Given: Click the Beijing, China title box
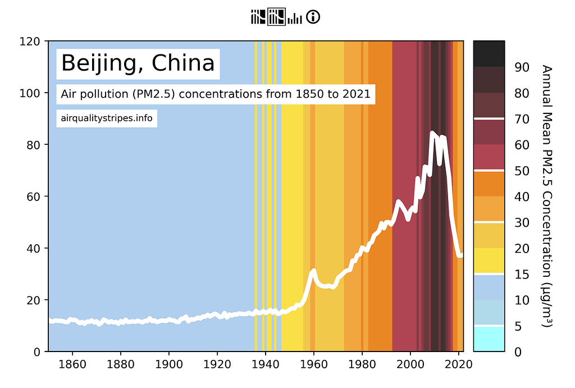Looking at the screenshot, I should click(x=138, y=63).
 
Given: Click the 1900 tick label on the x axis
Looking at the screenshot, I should click(x=169, y=363).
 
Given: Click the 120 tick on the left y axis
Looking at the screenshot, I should click(x=32, y=41).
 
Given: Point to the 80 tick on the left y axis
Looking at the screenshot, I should click(x=35, y=145).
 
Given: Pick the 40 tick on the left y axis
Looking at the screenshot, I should click(x=35, y=248).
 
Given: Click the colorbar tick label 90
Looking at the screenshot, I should click(x=522, y=67).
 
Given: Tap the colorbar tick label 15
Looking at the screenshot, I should click(x=522, y=274).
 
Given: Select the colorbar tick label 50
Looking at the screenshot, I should click(x=522, y=171).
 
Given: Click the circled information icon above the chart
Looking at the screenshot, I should click(x=313, y=17).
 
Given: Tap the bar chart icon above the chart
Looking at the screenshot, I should click(x=295, y=19).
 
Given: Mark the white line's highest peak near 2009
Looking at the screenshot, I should click(x=432, y=133).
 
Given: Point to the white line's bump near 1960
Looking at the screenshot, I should click(x=313, y=271).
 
